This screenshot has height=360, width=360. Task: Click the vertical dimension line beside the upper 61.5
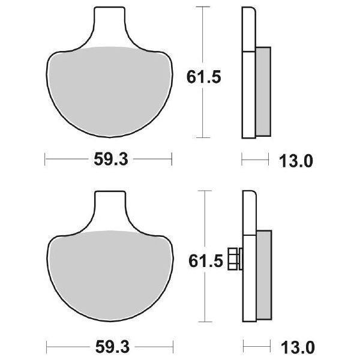[x=205, y=36]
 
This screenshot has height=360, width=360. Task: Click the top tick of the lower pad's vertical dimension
[x=205, y=191]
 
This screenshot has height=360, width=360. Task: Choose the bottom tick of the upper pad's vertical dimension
[x=205, y=137]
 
